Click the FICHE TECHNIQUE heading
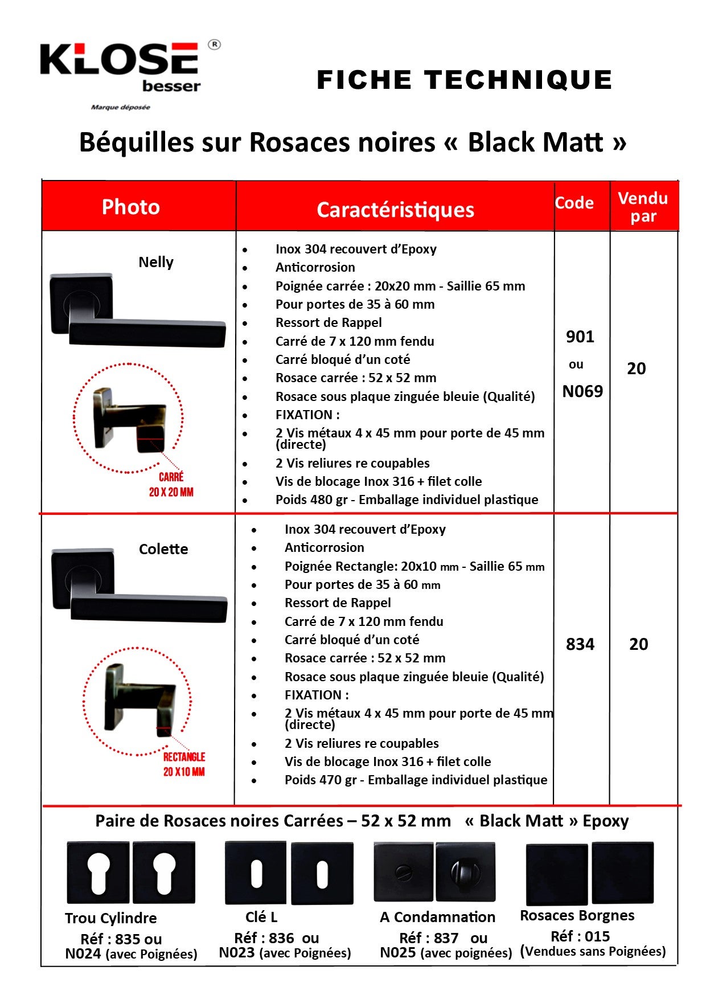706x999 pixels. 464,80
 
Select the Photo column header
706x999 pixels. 131,207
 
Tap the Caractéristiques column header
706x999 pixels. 395,210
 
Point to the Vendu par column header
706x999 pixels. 643,207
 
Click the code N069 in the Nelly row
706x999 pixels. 582,391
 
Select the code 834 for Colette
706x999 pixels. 580,644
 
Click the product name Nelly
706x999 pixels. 156,262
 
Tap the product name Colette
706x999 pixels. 163,549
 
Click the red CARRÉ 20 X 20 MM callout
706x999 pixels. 171,485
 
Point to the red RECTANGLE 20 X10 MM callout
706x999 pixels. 184,764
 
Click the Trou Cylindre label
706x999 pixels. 111,918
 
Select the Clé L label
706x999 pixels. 261,917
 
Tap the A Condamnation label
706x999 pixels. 437,917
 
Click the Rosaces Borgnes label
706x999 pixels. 577,915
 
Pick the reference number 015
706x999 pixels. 596,936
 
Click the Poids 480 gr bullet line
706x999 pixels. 407,500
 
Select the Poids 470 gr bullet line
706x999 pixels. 416,780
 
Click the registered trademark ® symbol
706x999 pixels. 214,44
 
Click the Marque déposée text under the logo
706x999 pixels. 121,107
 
